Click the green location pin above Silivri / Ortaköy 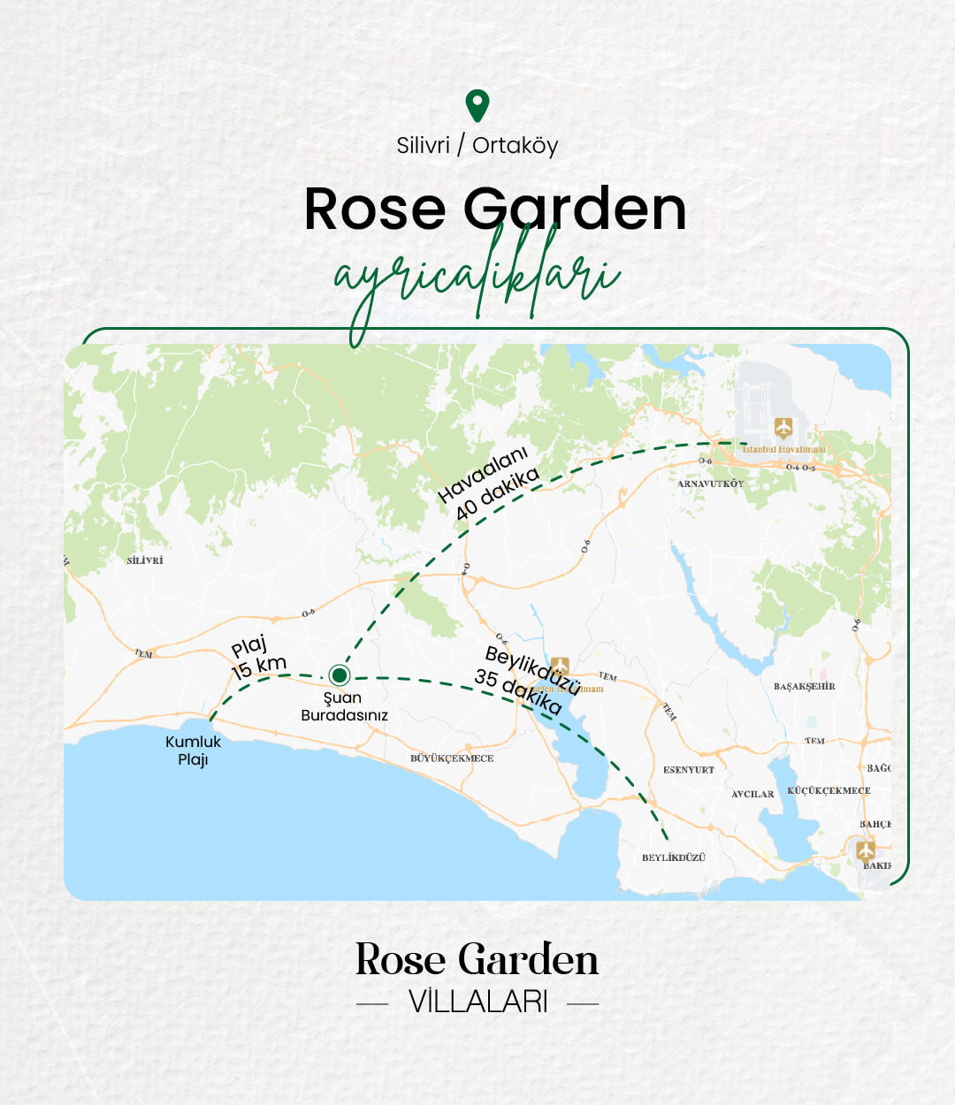477,105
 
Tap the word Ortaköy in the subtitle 515,145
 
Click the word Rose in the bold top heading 374,210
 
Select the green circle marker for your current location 339,675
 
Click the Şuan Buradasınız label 344,706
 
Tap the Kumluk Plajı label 193,751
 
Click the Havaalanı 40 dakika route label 489,484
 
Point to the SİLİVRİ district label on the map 145,560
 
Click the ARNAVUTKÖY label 710,484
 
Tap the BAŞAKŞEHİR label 804,687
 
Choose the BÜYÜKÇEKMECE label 452,758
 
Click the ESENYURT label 688,770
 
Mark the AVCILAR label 753,794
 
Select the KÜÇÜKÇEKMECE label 829,791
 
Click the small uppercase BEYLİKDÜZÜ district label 674,857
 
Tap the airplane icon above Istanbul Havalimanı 783,428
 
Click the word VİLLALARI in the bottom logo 477,1002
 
